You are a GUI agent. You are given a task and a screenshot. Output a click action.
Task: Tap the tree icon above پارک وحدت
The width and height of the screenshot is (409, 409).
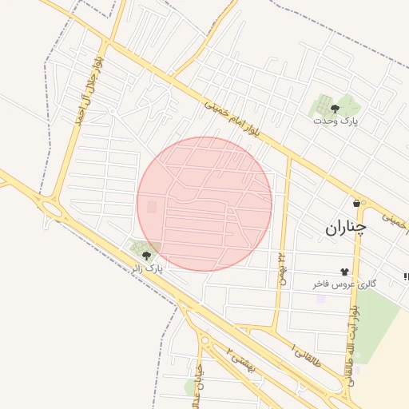coord(335,107)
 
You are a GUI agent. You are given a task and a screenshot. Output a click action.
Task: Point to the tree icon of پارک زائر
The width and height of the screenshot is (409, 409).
coord(146,256)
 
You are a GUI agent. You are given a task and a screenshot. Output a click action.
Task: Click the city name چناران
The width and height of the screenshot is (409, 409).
coord(345,228)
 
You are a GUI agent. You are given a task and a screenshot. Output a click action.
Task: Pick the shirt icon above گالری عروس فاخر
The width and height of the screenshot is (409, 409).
coord(345,272)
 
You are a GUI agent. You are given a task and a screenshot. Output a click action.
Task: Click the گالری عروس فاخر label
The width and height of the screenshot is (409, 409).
coord(344,284)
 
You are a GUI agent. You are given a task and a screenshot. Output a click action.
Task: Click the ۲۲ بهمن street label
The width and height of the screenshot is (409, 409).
coord(281,268)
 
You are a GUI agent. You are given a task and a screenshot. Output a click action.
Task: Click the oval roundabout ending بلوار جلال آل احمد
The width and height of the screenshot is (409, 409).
coord(53,209)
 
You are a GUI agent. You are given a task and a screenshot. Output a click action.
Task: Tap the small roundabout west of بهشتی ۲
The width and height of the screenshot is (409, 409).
coord(205,340)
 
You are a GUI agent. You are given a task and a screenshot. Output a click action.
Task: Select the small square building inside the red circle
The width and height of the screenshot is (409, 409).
coord(152,208)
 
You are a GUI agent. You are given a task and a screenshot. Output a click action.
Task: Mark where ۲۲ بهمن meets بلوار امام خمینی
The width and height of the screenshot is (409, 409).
coord(288,157)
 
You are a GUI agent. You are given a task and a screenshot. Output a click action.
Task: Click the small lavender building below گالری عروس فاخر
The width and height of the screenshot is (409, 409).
coord(321,299)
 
